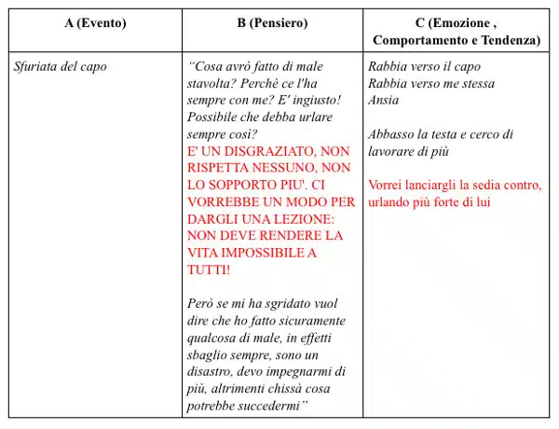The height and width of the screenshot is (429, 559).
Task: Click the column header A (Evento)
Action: point(95,22)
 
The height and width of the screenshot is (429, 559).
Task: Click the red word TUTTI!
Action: point(210,269)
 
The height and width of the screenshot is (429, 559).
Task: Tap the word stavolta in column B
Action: point(212,84)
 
